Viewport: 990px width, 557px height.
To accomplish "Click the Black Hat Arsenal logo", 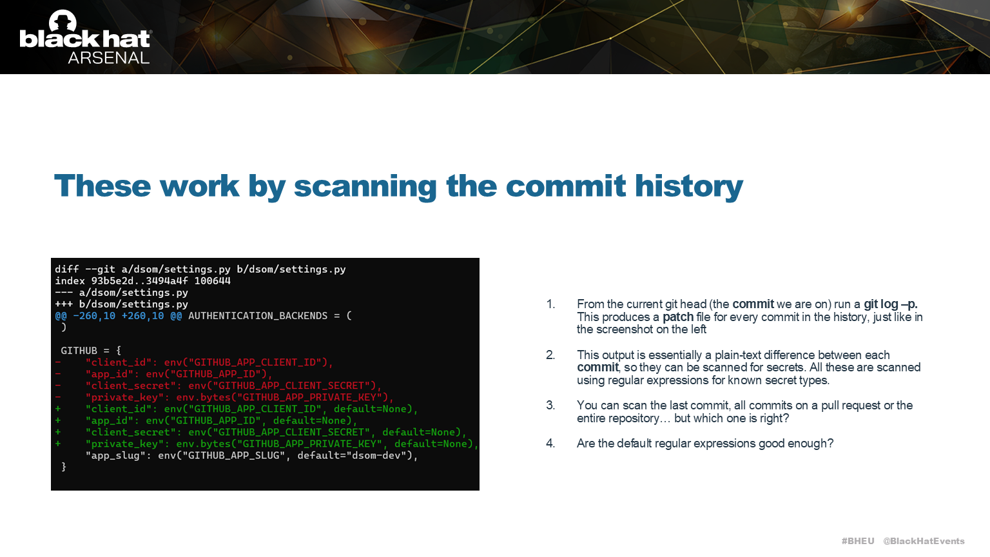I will click(85, 37).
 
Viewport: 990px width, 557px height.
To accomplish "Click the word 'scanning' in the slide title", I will click(365, 186).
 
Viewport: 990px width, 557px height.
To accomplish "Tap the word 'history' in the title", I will click(688, 186).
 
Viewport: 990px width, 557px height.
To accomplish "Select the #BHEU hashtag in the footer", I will click(858, 541).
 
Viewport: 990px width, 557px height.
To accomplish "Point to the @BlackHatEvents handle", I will click(924, 541).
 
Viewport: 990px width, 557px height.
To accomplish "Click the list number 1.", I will click(550, 304).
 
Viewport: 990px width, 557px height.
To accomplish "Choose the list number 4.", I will click(550, 444).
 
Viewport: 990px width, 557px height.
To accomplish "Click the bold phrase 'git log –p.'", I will click(890, 304).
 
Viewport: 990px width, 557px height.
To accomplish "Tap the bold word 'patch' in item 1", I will click(678, 317).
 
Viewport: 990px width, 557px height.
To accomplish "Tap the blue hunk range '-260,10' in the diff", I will click(94, 316).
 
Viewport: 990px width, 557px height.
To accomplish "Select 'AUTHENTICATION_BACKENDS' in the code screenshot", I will click(258, 316).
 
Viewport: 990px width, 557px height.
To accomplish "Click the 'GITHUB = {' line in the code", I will click(91, 351).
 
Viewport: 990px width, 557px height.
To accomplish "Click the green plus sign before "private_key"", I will click(58, 444).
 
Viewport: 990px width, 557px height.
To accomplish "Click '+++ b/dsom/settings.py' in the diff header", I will click(122, 304).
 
